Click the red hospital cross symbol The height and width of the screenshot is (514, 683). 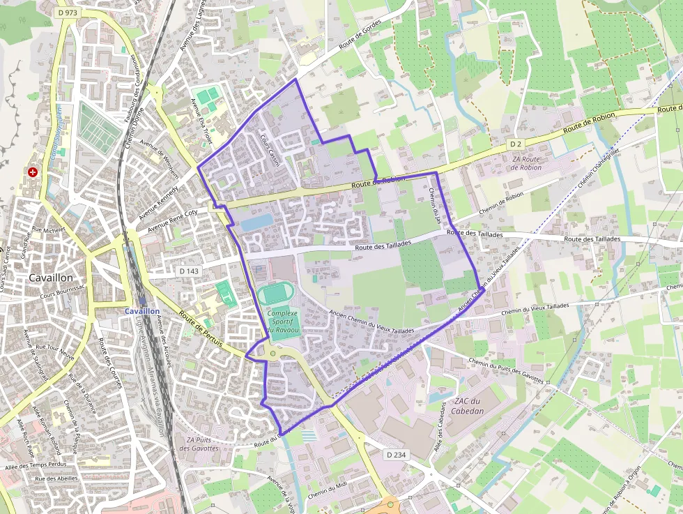pos(33,172)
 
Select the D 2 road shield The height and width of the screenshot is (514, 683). pos(515,144)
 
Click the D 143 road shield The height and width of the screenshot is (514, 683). pos(189,271)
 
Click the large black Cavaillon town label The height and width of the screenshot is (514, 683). pos(53,278)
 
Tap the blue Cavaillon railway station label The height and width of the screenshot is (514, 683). pos(142,311)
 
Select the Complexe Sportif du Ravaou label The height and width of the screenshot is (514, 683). pos(283,321)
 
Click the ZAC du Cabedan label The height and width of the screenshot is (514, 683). pos(468,406)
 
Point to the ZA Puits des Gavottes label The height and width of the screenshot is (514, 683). pos(199,444)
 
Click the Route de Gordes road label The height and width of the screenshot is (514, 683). pos(362,44)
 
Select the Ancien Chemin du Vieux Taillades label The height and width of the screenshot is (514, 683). pos(371,323)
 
